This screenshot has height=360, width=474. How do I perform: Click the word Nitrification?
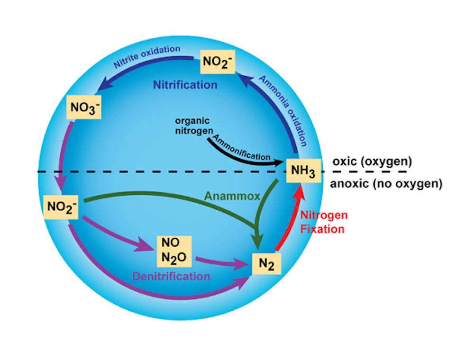185,85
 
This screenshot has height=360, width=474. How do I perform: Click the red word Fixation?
324,229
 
